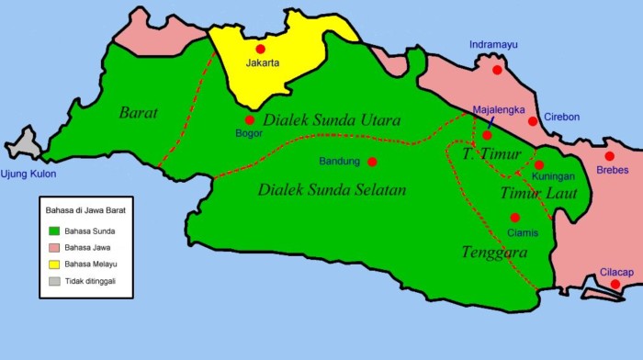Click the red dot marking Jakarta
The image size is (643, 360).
click(260, 49)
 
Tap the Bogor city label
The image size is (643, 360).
click(248, 134)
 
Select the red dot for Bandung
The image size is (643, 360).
click(372, 162)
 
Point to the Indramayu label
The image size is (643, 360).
click(494, 44)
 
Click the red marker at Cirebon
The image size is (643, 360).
click(533, 121)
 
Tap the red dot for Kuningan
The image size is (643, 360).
click(539, 165)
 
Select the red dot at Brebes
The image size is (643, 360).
click(609, 156)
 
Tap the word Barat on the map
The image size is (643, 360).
click(139, 113)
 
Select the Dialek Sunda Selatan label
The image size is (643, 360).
click(332, 190)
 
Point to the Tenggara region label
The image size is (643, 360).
click(493, 251)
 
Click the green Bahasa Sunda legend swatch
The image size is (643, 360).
click(55, 231)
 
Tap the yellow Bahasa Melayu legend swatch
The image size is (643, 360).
click(55, 264)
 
